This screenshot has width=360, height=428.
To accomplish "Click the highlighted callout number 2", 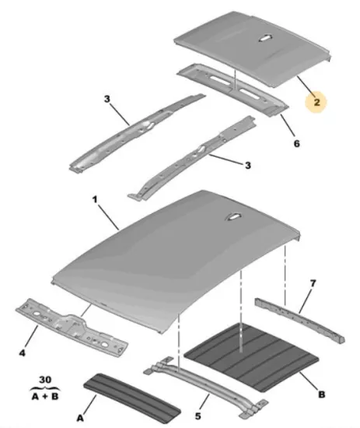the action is (x=316, y=103).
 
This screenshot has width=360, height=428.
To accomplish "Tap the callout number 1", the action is (x=95, y=200).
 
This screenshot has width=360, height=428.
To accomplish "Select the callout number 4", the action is (x=23, y=353).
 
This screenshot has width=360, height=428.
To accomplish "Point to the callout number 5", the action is (x=198, y=416).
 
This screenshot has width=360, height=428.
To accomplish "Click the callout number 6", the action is (x=297, y=143).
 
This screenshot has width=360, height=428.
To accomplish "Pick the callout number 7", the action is (x=313, y=283).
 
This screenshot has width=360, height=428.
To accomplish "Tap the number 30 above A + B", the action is (x=45, y=380).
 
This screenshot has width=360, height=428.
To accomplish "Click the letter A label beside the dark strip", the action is (x=80, y=418).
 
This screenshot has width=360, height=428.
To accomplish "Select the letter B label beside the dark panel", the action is (x=322, y=395).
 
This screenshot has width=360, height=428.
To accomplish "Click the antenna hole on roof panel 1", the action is (x=233, y=216).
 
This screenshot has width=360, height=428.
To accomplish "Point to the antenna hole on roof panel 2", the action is (x=265, y=38).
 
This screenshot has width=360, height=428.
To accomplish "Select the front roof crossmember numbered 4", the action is (x=72, y=328).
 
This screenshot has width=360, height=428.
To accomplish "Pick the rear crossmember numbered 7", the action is (x=299, y=320).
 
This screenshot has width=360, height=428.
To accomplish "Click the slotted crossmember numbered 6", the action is (x=232, y=89).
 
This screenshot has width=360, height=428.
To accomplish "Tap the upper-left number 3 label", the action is (x=107, y=99).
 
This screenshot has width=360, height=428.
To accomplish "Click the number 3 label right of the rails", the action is (x=247, y=165).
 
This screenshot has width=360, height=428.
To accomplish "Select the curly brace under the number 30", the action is (x=45, y=388).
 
